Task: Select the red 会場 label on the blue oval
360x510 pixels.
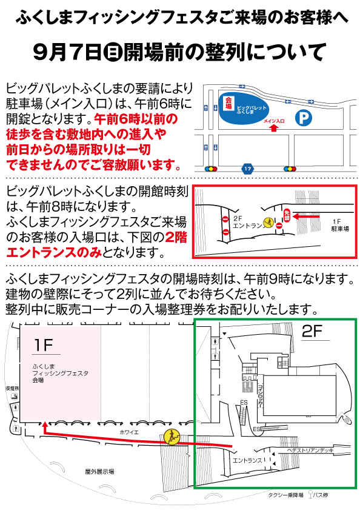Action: pyautogui.click(x=228, y=102)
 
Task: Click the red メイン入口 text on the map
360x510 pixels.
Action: pyautogui.click(x=274, y=121)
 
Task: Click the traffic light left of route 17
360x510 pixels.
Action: pyautogui.click(x=212, y=168)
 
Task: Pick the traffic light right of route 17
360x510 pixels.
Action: pyautogui.click(x=288, y=168)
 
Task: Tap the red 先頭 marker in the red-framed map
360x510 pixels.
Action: pyautogui.click(x=287, y=215)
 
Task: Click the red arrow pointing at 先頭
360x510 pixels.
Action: pyautogui.click(x=309, y=215)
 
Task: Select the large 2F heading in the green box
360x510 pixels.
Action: pyautogui.click(x=315, y=331)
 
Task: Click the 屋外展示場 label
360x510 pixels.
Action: pyautogui.click(x=99, y=471)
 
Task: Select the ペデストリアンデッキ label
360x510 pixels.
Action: pyautogui.click(x=311, y=451)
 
